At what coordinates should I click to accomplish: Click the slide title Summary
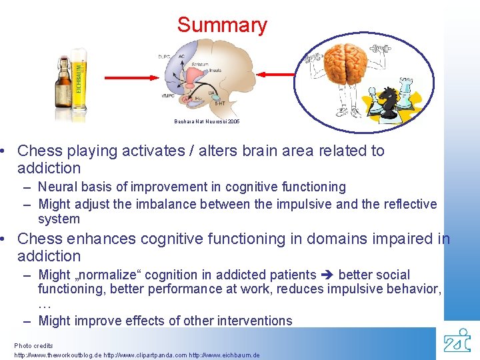click(x=222, y=25)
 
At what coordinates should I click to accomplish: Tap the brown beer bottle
click(x=61, y=83)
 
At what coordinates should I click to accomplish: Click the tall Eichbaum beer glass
click(x=80, y=79)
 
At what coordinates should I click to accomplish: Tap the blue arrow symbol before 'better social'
click(x=328, y=275)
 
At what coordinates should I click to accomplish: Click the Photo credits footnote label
click(x=33, y=346)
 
